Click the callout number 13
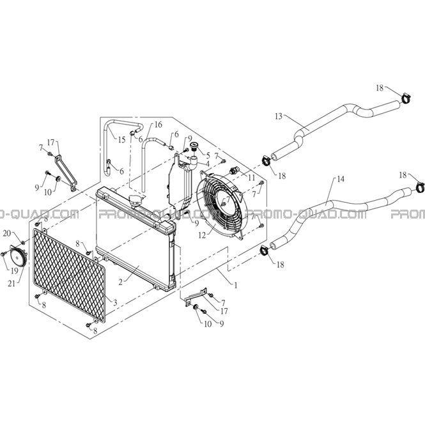[x=279, y=116]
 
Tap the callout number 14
[x=341, y=179]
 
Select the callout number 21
[x=12, y=284]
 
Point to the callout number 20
[x=7, y=233]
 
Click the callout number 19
[x=14, y=270]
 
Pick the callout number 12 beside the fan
[x=202, y=235]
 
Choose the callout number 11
[x=251, y=178]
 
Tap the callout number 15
[x=121, y=140]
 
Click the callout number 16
[x=158, y=125]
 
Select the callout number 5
[x=208, y=155]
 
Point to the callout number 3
[x=115, y=303]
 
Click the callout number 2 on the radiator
[x=121, y=282]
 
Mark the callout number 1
[x=236, y=285]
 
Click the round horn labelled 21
[x=18, y=257]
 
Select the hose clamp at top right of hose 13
[x=406, y=98]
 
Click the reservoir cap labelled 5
[x=194, y=146]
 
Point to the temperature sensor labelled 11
[x=233, y=171]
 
